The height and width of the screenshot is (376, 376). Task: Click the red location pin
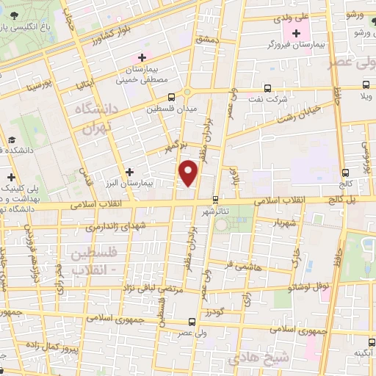189,173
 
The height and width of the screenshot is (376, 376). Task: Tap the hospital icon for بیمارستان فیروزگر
296,33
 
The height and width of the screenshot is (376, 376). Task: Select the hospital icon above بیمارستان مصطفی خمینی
142,57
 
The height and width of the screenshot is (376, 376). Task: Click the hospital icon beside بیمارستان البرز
129,172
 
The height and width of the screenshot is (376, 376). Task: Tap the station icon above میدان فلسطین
172,96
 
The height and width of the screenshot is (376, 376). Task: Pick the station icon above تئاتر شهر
214,199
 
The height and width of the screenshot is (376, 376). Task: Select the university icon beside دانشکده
12,140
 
